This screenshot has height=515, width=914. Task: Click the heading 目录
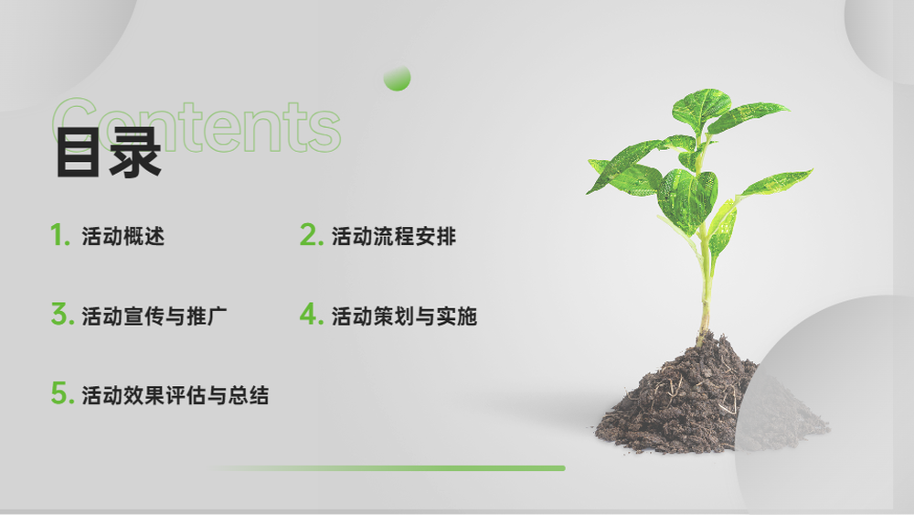tap(109, 153)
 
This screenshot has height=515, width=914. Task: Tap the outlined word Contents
tap(196, 126)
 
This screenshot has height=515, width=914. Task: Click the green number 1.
tap(60, 235)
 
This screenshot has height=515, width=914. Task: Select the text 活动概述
tap(123, 236)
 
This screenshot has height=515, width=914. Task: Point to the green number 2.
tap(312, 235)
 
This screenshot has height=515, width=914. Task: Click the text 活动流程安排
tap(394, 236)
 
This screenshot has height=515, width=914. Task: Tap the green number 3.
tap(62, 314)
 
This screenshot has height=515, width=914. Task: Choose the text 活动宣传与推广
tap(154, 317)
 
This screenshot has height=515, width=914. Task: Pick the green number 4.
tap(312, 314)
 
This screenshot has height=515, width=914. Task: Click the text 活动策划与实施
tap(405, 317)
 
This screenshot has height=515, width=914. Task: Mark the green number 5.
tap(62, 392)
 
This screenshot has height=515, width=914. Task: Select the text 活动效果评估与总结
tap(175, 395)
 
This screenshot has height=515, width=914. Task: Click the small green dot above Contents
tap(397, 78)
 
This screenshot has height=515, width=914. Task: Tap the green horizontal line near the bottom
tap(389, 467)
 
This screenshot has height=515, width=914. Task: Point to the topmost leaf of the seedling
tap(700, 108)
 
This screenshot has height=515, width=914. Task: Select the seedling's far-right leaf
tap(776, 182)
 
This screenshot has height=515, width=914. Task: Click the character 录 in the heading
tap(135, 153)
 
